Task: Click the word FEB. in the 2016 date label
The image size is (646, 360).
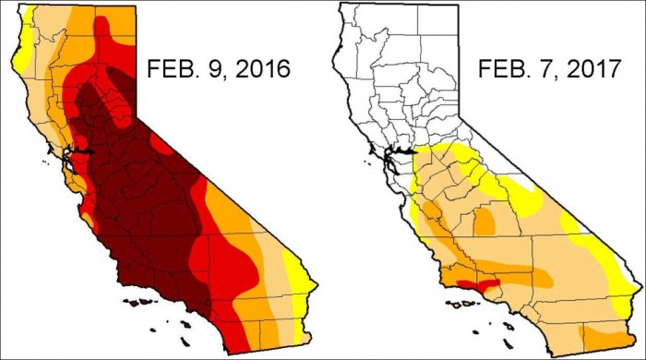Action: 170,69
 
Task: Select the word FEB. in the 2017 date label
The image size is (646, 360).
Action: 503,69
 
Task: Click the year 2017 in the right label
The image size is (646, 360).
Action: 592,69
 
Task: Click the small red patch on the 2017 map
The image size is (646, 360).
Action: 484,284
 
